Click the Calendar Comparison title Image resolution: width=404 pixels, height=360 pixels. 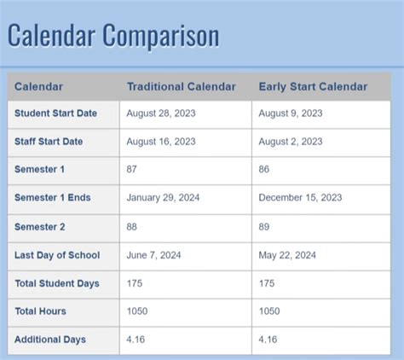coord(113,36)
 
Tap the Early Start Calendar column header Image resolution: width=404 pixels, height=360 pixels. coord(313,86)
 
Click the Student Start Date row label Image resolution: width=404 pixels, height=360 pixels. coord(55,113)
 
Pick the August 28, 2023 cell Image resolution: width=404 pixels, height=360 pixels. coord(161,113)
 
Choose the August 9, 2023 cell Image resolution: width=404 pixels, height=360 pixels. coord(291,113)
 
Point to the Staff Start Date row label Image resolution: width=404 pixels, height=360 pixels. coord(49,142)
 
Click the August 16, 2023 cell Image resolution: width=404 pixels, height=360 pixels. coord(161,142)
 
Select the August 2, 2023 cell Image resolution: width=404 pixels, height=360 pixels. coord(291,142)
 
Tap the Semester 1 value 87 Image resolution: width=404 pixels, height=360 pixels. coord(133,170)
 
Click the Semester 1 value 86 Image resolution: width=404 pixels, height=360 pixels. coord(264,170)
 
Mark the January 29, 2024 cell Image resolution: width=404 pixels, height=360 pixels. coord(164,198)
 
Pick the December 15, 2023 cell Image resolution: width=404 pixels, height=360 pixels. coord(300,198)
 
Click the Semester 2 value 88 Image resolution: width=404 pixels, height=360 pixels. coord(133,227)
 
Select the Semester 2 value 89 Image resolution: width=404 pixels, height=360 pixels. coord(264,227)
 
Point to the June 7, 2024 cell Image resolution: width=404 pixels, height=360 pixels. coord(153,255)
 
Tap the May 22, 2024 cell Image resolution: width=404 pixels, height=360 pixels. coord(287,255)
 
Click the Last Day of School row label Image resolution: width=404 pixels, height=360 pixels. coord(57,255)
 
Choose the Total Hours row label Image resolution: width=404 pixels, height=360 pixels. coord(40,311)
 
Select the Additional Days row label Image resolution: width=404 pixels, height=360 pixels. coord(50,340)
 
